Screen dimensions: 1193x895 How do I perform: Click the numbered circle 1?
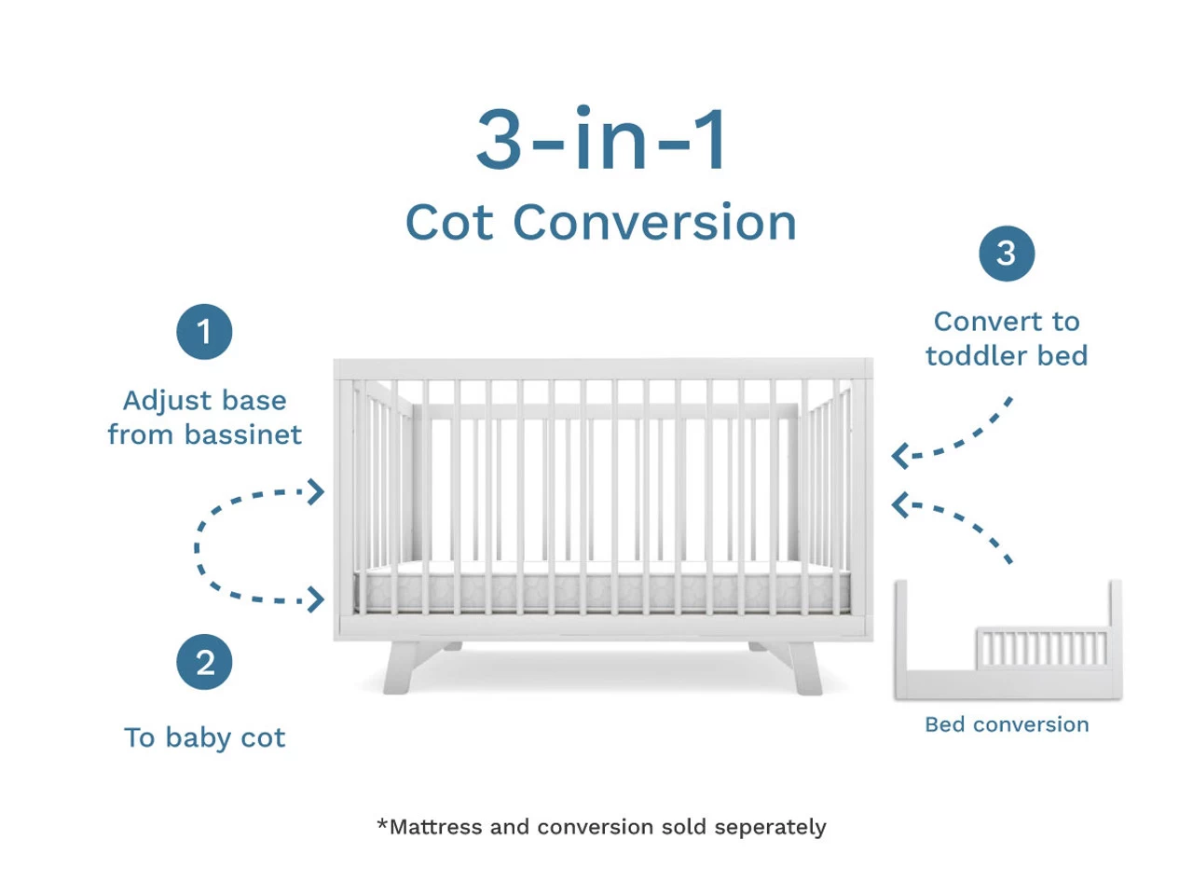point(204,332)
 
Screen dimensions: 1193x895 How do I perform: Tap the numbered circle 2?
point(204,662)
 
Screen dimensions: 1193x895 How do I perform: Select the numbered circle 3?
point(1007,254)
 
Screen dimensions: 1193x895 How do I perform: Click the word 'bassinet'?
point(243,434)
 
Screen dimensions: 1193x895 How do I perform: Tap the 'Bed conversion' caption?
point(1007,724)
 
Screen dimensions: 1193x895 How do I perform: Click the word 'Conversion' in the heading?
point(654,222)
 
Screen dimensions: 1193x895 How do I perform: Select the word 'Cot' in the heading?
point(449,222)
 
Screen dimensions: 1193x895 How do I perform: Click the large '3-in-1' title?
point(600,138)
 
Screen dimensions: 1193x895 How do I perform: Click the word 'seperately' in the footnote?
point(770,828)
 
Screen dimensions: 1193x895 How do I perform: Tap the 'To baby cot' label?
point(204,738)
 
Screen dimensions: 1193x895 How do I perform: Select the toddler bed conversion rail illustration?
point(1008,640)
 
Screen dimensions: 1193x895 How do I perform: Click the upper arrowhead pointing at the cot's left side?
point(316,492)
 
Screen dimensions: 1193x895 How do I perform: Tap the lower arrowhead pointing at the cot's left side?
point(316,599)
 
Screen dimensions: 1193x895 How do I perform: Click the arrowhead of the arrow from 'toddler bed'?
point(900,455)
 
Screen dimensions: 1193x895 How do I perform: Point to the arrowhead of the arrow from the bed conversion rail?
point(900,504)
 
